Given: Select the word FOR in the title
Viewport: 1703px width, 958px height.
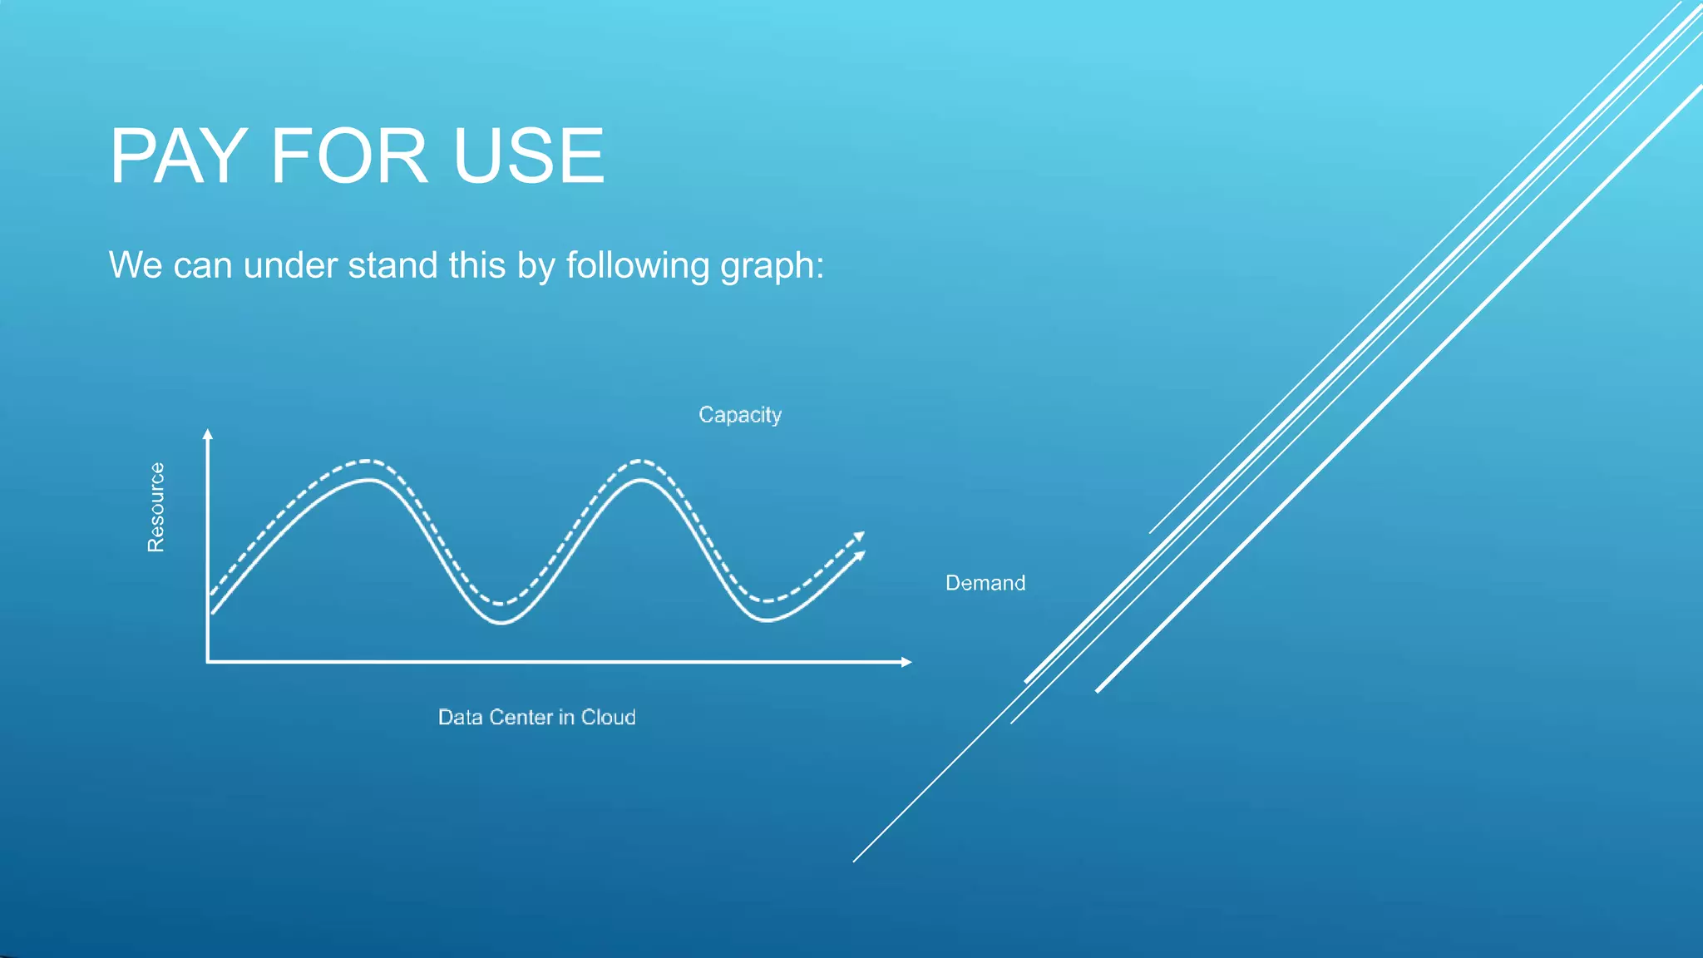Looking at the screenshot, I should (x=349, y=156).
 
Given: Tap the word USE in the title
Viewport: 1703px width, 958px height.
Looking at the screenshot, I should (x=529, y=156).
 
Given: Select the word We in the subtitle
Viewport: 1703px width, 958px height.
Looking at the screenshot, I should (x=136, y=265).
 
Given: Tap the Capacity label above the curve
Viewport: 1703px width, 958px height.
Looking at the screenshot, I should (x=740, y=415).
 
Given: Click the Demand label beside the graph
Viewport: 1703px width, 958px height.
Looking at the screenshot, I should (x=985, y=583).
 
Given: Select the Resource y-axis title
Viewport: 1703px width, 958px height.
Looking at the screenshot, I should (x=156, y=507).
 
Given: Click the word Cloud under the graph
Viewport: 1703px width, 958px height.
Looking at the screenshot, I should (x=608, y=718).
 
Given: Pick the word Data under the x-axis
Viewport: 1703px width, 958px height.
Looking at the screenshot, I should (x=460, y=718).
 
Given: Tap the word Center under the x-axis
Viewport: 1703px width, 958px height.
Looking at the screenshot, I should (x=521, y=718).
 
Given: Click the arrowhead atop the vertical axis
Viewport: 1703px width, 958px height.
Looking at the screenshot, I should (x=208, y=433).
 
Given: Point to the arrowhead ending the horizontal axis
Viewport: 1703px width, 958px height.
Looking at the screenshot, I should (x=907, y=662).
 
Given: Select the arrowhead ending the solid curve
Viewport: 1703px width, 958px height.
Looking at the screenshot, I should (x=860, y=556).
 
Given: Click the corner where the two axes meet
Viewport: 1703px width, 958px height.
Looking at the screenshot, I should (x=208, y=662).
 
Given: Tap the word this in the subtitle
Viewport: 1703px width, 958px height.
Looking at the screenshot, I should (x=477, y=265).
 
